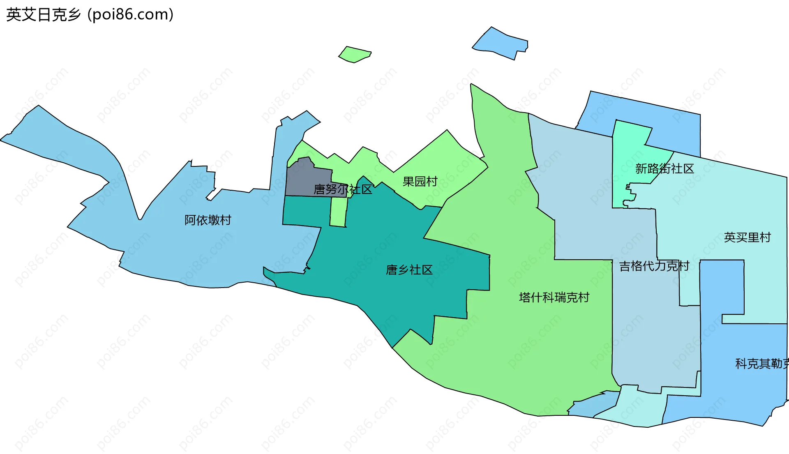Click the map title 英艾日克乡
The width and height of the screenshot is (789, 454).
(x=44, y=15)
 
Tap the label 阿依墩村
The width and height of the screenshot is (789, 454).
(x=208, y=220)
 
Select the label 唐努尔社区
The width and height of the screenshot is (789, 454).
(x=343, y=189)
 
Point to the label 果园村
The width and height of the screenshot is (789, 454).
(x=420, y=182)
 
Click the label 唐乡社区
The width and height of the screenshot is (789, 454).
(x=409, y=270)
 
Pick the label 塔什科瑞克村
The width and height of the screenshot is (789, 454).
(x=554, y=297)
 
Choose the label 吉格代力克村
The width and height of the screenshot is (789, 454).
(x=654, y=266)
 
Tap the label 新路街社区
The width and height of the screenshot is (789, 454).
(x=664, y=168)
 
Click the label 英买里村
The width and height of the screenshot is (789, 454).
(x=747, y=237)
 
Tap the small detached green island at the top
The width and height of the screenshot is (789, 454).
(x=354, y=54)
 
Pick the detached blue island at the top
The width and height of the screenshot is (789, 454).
(x=501, y=43)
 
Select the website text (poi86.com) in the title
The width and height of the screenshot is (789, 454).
(x=130, y=15)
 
